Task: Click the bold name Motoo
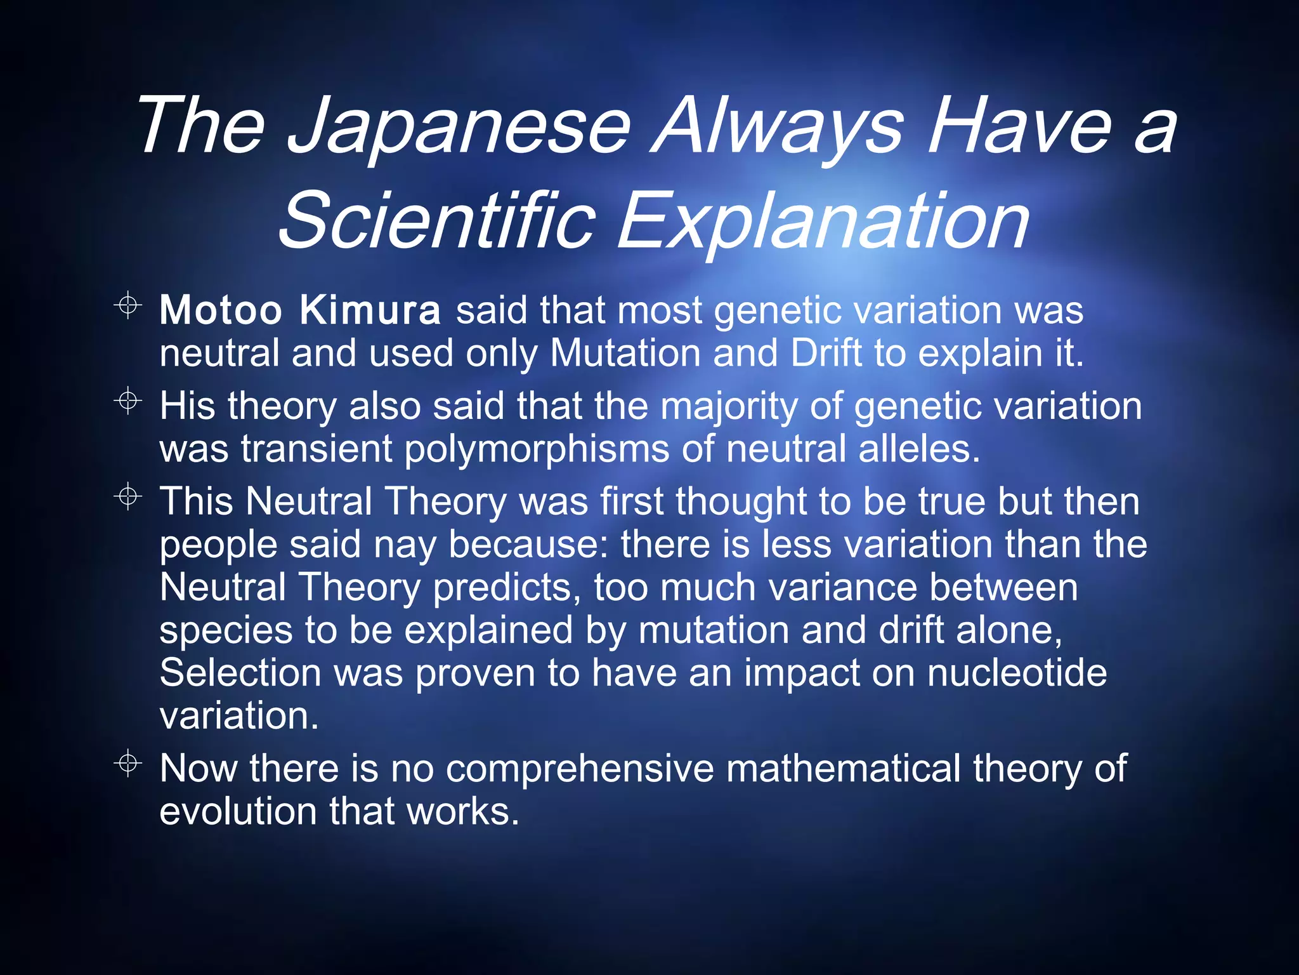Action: coord(220,310)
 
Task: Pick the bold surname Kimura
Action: coord(369,310)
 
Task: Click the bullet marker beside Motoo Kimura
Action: coord(128,305)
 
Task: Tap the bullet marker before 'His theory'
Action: coord(128,401)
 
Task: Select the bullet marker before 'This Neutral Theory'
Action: coord(128,496)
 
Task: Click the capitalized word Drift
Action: coord(826,353)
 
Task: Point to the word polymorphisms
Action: coord(537,449)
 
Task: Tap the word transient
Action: coord(317,449)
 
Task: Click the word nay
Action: coord(404,545)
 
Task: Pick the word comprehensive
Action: coord(580,769)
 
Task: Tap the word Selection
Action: coord(240,673)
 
